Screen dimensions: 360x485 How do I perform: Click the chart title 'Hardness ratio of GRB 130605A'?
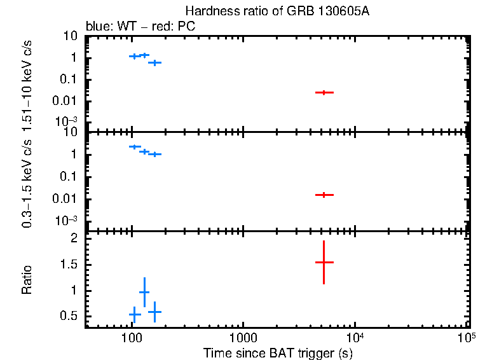(x=277, y=11)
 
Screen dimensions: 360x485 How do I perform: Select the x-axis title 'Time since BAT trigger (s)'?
(x=278, y=352)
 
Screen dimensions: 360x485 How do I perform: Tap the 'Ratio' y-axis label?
(x=27, y=279)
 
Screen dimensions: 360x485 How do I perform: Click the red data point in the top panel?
(x=324, y=92)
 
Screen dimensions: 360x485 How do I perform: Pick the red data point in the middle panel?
(x=324, y=195)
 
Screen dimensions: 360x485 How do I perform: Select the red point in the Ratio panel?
(x=324, y=262)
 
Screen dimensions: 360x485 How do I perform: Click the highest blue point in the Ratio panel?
(x=144, y=292)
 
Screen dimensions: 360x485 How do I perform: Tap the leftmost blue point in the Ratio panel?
(x=134, y=314)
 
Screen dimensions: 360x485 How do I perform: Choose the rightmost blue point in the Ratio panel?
(x=154, y=312)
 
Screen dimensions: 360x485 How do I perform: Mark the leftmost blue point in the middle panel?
(x=134, y=147)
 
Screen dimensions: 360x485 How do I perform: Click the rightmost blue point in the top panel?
(x=154, y=62)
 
